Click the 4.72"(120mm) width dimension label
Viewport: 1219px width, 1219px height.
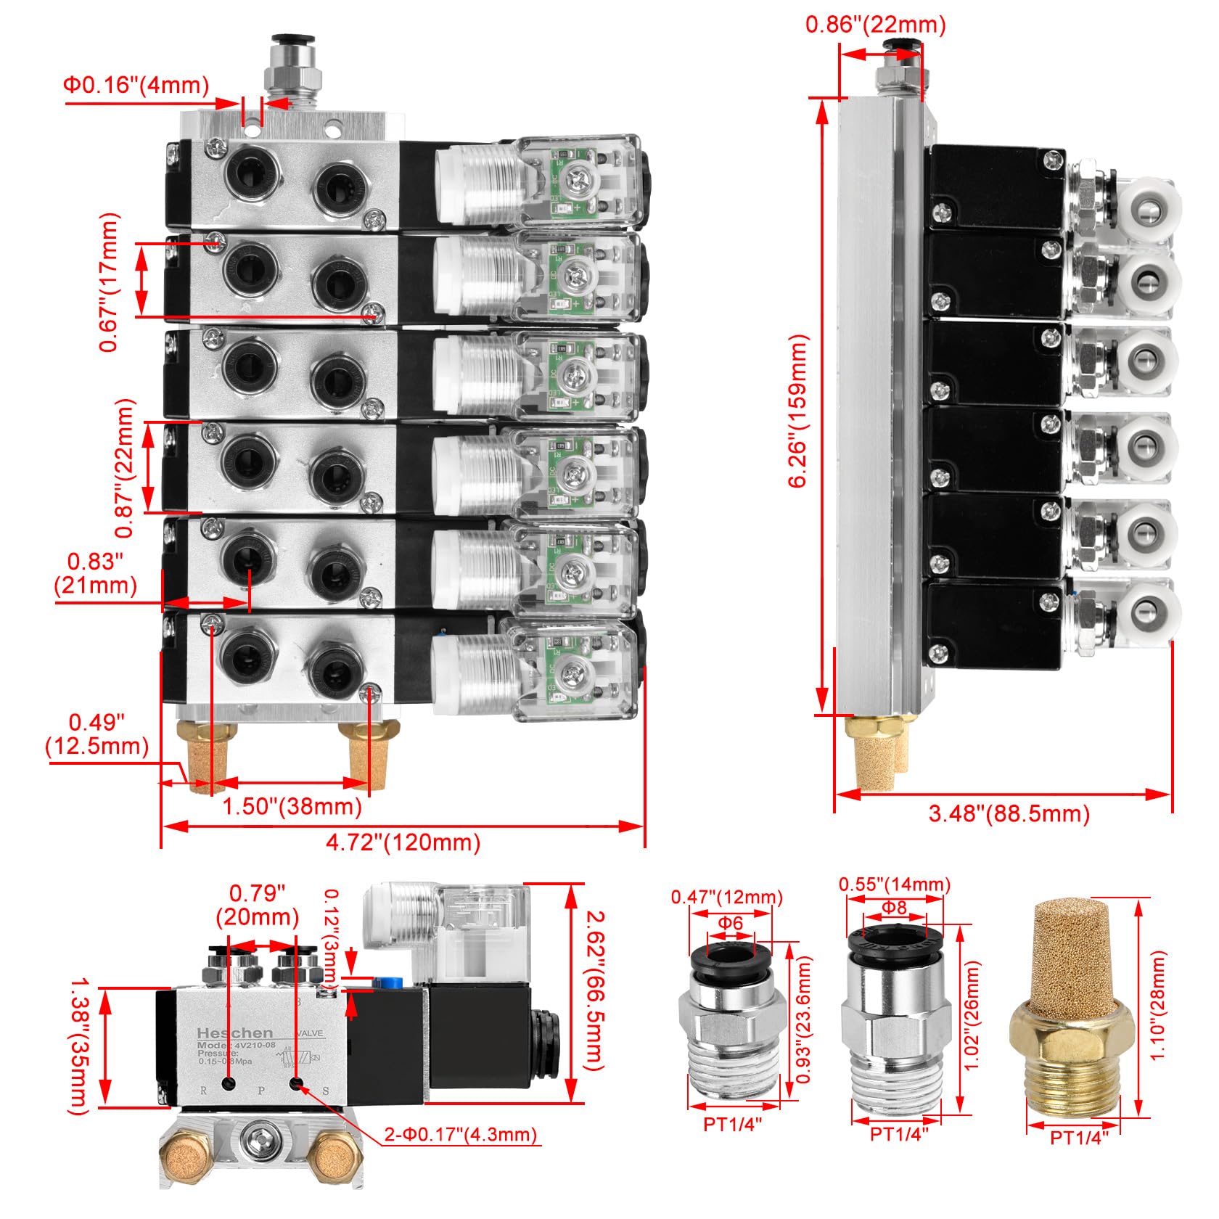pyautogui.click(x=403, y=842)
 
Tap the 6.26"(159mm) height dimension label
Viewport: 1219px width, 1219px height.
pyautogui.click(x=798, y=411)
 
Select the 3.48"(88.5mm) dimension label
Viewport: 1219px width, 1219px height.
pyautogui.click(x=1009, y=813)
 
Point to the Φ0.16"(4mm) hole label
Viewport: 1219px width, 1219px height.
pyautogui.click(x=136, y=85)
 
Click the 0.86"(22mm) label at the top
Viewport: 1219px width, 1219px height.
pyautogui.click(x=876, y=25)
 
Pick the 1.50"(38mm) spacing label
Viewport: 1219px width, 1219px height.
pyautogui.click(x=292, y=805)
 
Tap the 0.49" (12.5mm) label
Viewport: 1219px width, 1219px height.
pyautogui.click(x=97, y=734)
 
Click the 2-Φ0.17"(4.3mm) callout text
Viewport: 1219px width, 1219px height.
pyautogui.click(x=461, y=1133)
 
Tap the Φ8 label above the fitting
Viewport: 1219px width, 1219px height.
pyautogui.click(x=894, y=907)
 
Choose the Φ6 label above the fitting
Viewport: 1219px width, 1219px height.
pyautogui.click(x=731, y=923)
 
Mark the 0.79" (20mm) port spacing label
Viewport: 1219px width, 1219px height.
pyautogui.click(x=258, y=904)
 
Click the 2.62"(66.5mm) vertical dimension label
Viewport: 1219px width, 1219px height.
pyautogui.click(x=594, y=990)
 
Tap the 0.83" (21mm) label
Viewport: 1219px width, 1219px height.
pyautogui.click(x=96, y=572)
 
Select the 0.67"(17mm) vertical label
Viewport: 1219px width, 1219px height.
pyautogui.click(x=109, y=282)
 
